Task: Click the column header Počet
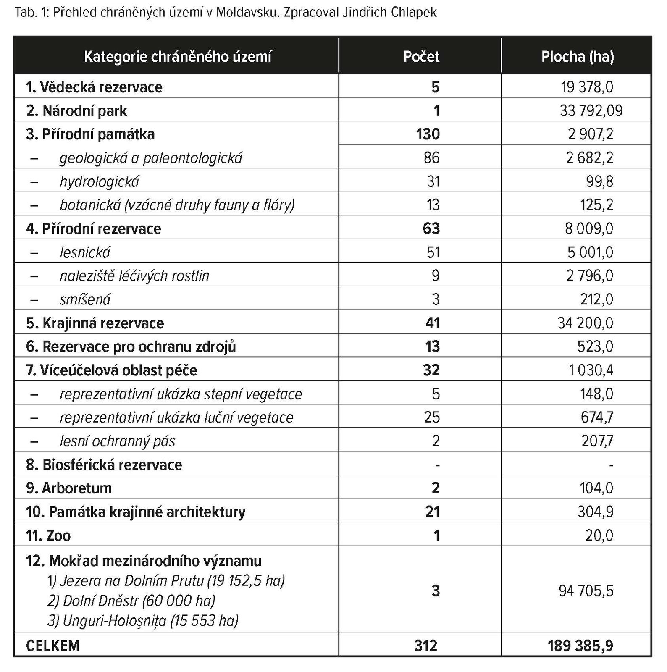[x=421, y=57]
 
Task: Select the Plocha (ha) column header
[x=577, y=57]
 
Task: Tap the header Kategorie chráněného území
[x=178, y=57]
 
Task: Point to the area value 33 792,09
[x=591, y=111]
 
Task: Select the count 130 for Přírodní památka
[x=428, y=134]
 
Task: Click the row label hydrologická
[x=99, y=182]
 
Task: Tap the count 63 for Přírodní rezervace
[x=431, y=229]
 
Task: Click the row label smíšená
[x=85, y=300]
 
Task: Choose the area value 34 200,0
[x=585, y=323]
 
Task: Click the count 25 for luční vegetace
[x=432, y=417]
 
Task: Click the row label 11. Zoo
[x=48, y=536]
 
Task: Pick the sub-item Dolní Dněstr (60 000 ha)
[x=131, y=601]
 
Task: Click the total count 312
[x=425, y=646]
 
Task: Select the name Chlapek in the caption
[x=413, y=13]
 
